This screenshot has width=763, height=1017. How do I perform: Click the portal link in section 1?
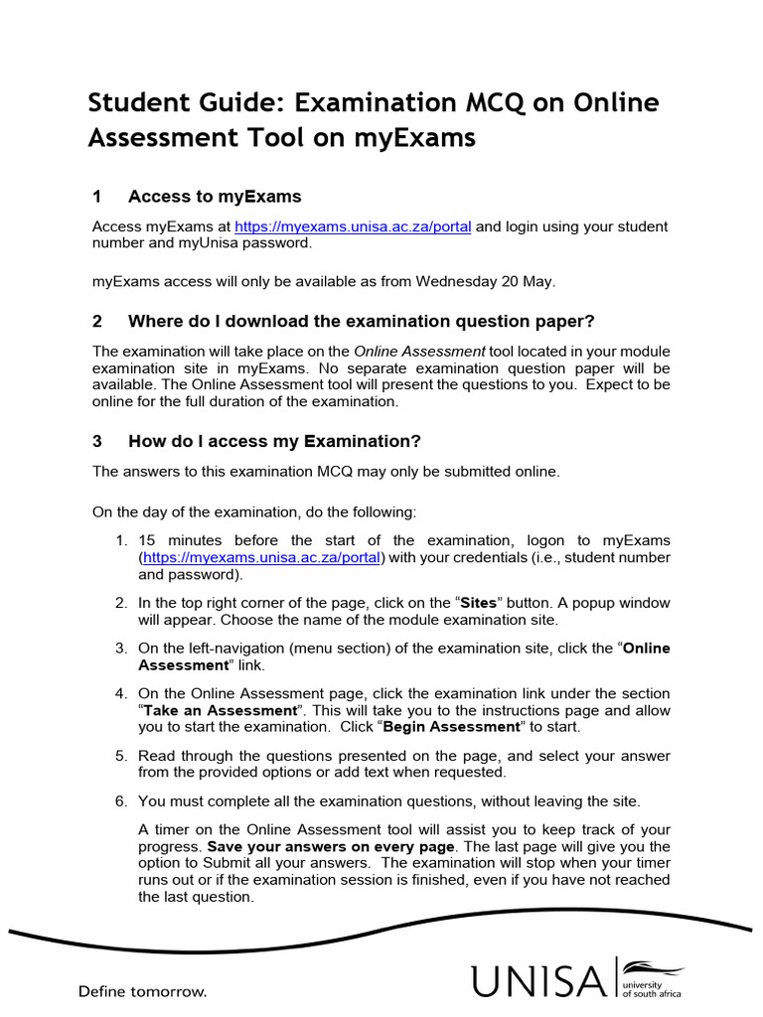(354, 226)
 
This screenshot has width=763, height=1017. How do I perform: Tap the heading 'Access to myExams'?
(215, 196)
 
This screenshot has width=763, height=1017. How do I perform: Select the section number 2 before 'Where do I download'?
(97, 321)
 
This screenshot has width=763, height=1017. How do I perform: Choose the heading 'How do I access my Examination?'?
(275, 441)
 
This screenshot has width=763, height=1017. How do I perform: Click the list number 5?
(120, 755)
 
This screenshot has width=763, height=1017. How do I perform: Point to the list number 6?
(120, 800)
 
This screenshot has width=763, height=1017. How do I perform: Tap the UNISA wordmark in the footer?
(537, 981)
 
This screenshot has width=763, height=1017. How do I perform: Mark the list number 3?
(120, 649)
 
